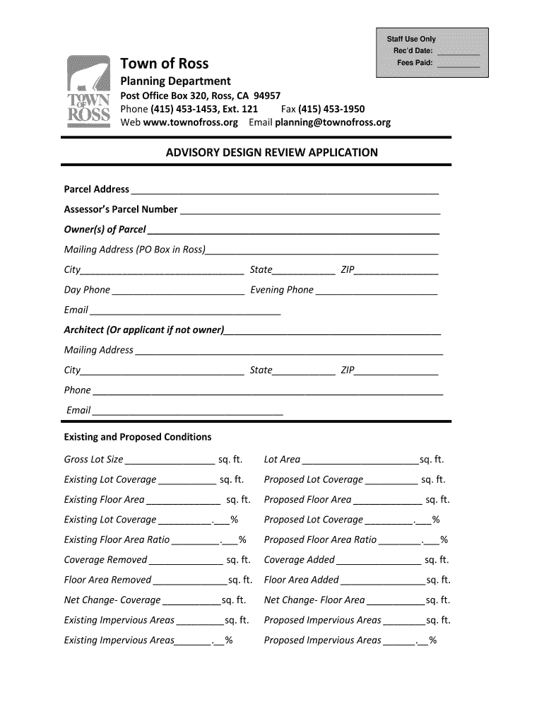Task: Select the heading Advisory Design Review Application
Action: tap(271, 152)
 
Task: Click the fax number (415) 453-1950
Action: tap(331, 109)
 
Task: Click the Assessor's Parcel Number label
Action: tap(121, 209)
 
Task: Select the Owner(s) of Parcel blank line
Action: tap(293, 231)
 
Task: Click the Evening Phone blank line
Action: tap(376, 291)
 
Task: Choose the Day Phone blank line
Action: tap(178, 291)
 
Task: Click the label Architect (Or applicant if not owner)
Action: tap(144, 329)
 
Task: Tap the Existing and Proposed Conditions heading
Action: tap(138, 437)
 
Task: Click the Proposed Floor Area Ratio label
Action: tap(320, 539)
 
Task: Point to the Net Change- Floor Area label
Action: tap(314, 600)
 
